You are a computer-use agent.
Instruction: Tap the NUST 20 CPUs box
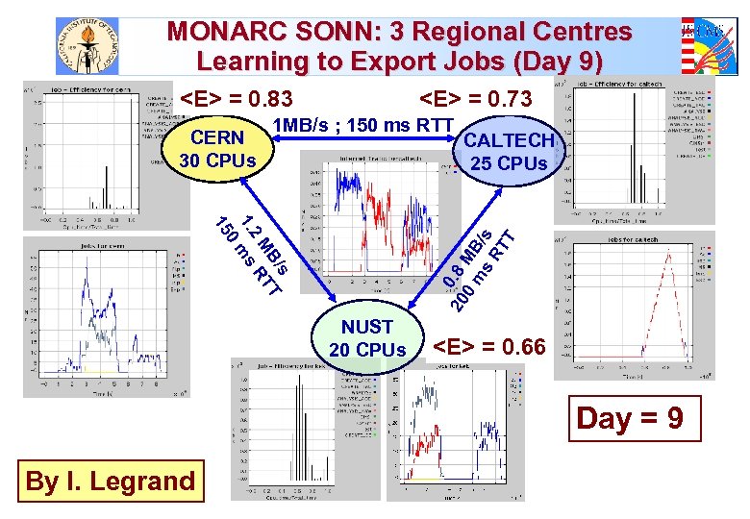pyautogui.click(x=367, y=339)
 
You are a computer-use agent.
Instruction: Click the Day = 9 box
pyautogui.click(x=629, y=419)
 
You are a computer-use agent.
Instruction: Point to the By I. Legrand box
pyautogui.click(x=110, y=481)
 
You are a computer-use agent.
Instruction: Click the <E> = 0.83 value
pyautogui.click(x=237, y=100)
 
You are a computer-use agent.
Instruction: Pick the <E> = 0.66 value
pyautogui.click(x=488, y=345)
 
